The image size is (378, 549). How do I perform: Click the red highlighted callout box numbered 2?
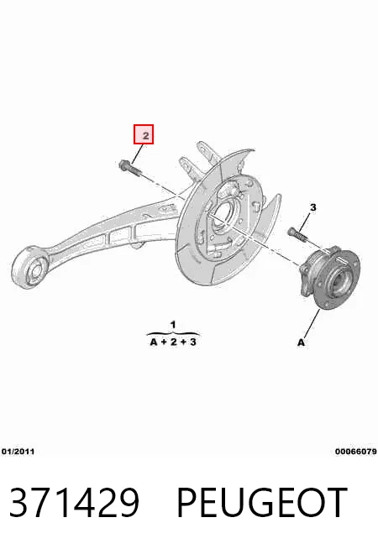tap(144, 134)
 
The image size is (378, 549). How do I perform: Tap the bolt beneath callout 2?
tap(130, 169)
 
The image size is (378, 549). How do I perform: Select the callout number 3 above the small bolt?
tap(312, 207)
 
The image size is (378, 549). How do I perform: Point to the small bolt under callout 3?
tap(297, 235)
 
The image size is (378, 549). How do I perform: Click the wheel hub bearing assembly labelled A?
tap(330, 277)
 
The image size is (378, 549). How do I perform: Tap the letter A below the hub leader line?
tap(302, 342)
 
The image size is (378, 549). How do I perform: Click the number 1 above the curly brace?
tap(173, 325)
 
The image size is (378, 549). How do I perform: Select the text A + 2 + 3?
tap(173, 342)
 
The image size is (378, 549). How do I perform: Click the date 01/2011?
tap(18, 452)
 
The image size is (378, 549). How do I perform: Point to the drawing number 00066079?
tap(356, 452)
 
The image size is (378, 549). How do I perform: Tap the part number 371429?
tap(74, 502)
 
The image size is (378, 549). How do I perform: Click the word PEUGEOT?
tap(262, 502)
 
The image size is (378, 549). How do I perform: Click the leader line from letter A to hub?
tap(312, 323)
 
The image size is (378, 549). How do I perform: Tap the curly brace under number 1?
tap(173, 333)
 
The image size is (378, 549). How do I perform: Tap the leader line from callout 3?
tap(305, 221)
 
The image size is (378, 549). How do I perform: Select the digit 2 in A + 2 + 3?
tap(173, 342)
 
